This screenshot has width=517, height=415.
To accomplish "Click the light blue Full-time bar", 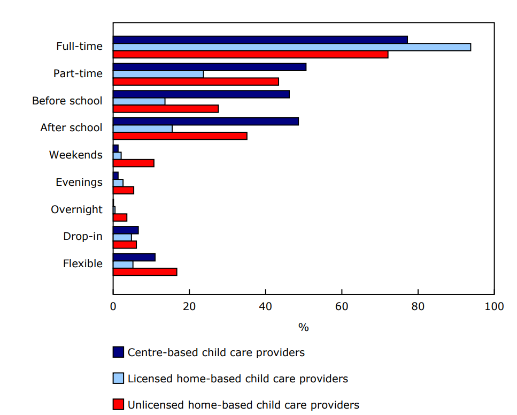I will tap(292, 47).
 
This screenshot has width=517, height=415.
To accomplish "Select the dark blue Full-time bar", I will tap(260, 40).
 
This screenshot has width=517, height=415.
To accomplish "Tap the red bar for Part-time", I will tap(196, 81).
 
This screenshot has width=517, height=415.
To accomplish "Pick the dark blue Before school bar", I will tap(201, 94).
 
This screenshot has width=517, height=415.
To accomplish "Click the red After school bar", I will tap(180, 136).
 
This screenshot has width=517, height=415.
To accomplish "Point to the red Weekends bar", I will tap(134, 163).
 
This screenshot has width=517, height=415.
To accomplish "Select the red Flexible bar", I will tap(145, 272).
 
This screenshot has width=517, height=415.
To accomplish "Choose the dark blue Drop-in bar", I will tap(126, 230).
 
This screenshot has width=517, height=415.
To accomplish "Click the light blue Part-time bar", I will tap(158, 74).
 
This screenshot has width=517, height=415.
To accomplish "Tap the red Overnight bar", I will tap(120, 217).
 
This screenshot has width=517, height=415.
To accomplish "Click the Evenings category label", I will tap(79, 183).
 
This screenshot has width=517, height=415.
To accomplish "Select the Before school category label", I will tap(67, 101).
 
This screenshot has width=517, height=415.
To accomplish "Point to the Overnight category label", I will tap(76, 210).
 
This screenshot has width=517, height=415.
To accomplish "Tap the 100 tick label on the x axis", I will tap(493, 307).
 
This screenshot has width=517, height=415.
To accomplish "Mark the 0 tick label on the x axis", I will tap(113, 307).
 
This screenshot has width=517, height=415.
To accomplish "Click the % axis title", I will tap(303, 327).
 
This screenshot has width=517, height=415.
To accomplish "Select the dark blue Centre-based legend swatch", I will tap(118, 352).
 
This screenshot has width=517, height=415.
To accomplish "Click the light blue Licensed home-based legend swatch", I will tap(118, 378).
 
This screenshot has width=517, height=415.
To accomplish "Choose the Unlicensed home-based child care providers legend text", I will tap(243, 405).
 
